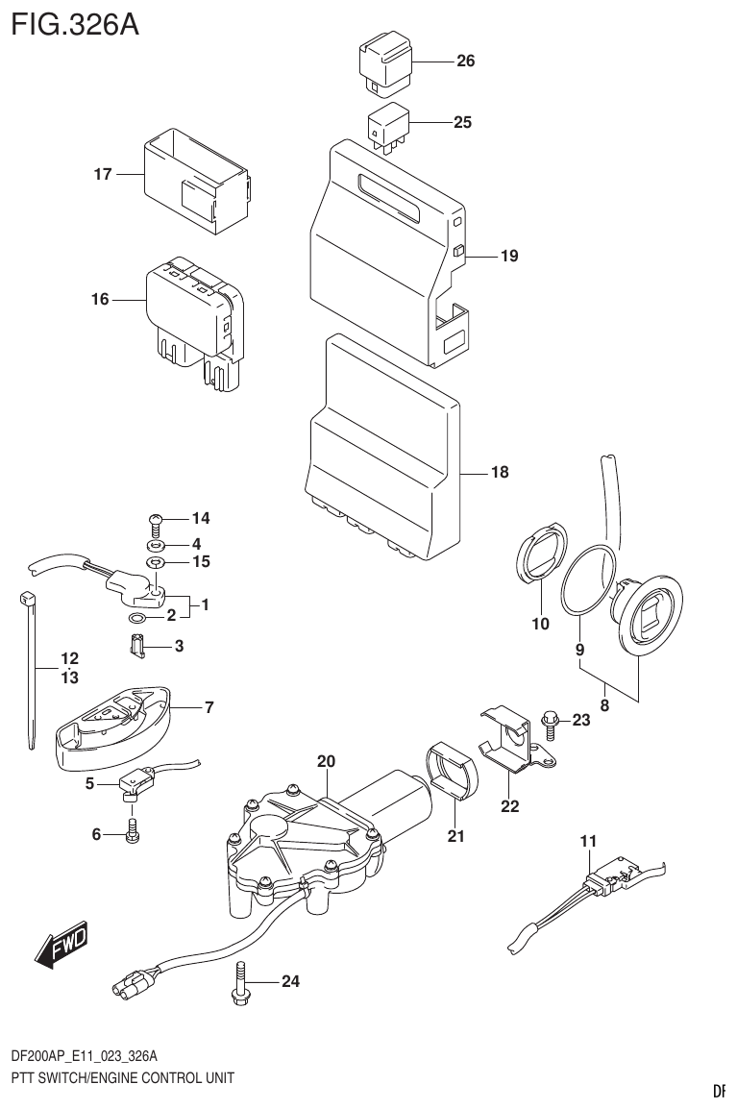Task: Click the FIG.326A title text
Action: (x=74, y=23)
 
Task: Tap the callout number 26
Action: (x=464, y=62)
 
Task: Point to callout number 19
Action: (x=508, y=256)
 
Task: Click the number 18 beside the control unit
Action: (x=500, y=473)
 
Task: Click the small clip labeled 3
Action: (x=138, y=649)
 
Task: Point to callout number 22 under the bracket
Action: (x=509, y=806)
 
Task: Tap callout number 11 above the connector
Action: (x=588, y=841)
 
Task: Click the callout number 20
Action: (x=327, y=762)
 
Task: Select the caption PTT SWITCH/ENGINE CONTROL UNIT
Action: (x=121, y=1077)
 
